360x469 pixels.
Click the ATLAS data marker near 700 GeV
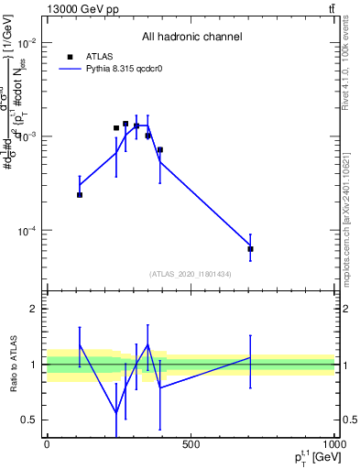[x=250, y=248]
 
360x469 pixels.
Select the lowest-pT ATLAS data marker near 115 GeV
[x=80, y=194]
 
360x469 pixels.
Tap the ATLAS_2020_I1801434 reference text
[x=191, y=274]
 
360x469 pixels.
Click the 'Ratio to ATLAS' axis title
[x=13, y=365]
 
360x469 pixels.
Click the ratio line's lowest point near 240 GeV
[x=116, y=412]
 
